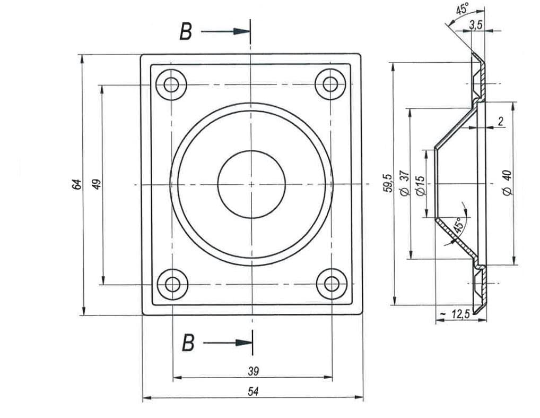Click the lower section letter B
click(188, 343)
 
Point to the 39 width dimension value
click(253, 371)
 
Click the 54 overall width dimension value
click(253, 391)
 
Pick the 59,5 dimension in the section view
click(388, 183)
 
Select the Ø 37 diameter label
click(405, 183)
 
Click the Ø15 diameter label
click(421, 185)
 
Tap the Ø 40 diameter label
click(507, 183)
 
